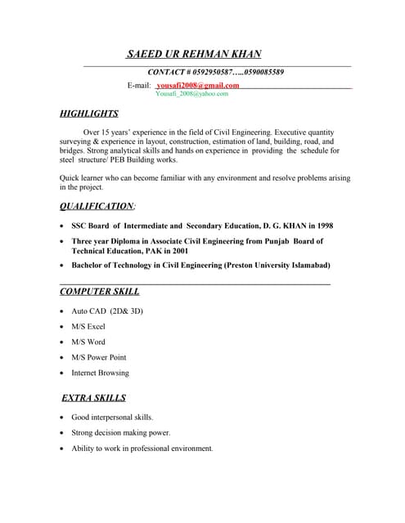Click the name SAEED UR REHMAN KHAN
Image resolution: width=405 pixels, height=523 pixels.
click(x=194, y=55)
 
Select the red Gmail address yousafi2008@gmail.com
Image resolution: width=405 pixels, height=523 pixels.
click(x=198, y=85)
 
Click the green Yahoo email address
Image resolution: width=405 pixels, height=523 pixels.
click(x=191, y=94)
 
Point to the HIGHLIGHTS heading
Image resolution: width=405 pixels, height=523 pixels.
click(x=89, y=114)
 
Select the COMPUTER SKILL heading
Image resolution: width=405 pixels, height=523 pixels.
click(x=100, y=291)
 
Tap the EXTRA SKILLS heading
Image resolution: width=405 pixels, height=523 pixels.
click(x=94, y=398)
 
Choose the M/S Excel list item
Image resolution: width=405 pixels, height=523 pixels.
click(x=88, y=327)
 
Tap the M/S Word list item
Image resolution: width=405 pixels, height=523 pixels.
click(x=88, y=342)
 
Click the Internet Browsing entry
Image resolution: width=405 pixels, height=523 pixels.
click(x=100, y=373)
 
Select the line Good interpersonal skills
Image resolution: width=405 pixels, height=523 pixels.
click(x=112, y=418)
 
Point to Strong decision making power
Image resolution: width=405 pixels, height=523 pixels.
click(x=120, y=433)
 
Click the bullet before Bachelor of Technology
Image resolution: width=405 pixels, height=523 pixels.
click(x=63, y=266)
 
